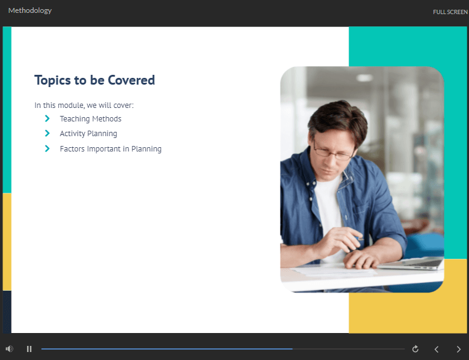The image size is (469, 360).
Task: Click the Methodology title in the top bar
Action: point(30,10)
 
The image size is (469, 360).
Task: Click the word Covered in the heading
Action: point(131,80)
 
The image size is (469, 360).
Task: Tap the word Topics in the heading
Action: point(53,81)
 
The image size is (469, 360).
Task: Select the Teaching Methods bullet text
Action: point(91,119)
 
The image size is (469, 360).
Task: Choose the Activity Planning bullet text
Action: point(88,134)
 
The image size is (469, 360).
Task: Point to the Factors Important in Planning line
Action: point(110,149)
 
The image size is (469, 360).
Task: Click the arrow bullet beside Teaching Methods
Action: point(47,118)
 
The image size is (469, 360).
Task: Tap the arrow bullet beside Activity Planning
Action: point(47,133)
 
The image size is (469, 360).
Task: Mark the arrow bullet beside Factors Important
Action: point(47,148)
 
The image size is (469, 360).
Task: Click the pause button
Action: point(29,349)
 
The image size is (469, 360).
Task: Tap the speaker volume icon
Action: point(9,348)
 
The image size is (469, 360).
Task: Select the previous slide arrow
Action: point(436,349)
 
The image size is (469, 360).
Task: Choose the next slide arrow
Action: point(459,349)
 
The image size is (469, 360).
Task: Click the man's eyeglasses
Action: point(333,151)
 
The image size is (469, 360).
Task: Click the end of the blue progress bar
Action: point(292,348)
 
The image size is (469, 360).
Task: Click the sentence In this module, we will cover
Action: point(84,105)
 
